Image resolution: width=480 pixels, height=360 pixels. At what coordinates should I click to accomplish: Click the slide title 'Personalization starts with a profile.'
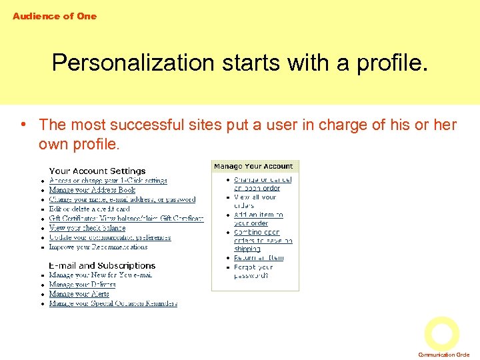pyautogui.click(x=239, y=63)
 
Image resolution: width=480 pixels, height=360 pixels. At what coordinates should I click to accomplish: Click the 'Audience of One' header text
pyautogui.click(x=55, y=16)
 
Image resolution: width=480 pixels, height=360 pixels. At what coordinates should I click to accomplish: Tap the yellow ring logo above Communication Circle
pyautogui.click(x=442, y=333)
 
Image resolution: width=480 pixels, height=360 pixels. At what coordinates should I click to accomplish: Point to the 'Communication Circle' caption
pyautogui.click(x=444, y=355)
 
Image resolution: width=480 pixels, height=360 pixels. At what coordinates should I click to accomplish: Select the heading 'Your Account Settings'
pyautogui.click(x=97, y=171)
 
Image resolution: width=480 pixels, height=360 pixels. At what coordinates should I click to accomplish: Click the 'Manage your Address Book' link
pyautogui.click(x=92, y=190)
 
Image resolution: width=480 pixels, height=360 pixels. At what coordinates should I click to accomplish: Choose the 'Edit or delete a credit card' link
pyautogui.click(x=89, y=209)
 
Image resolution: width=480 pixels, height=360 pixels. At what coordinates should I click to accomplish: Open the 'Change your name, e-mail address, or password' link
pyautogui.click(x=122, y=199)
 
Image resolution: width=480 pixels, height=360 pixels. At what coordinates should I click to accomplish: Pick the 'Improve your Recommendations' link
pyautogui.click(x=98, y=247)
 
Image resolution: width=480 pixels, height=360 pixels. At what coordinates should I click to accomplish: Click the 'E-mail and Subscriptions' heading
pyautogui.click(x=102, y=265)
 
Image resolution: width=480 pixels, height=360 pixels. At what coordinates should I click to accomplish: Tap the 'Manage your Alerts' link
pyautogui.click(x=79, y=294)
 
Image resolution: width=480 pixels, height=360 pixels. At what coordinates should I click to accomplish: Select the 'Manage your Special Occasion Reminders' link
pyautogui.click(x=113, y=303)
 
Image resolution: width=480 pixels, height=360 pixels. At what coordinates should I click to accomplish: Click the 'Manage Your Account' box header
pyautogui.click(x=253, y=166)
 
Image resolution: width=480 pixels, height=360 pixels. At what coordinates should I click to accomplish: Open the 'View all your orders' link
pyautogui.click(x=255, y=201)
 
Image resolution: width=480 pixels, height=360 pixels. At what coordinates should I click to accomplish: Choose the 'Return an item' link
pyautogui.click(x=259, y=258)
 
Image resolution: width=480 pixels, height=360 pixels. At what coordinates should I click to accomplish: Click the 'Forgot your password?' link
pyautogui.click(x=253, y=271)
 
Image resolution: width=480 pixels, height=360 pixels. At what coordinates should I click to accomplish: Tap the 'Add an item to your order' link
pyautogui.click(x=258, y=219)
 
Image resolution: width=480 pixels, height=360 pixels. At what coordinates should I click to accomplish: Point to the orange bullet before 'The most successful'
pyautogui.click(x=23, y=125)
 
